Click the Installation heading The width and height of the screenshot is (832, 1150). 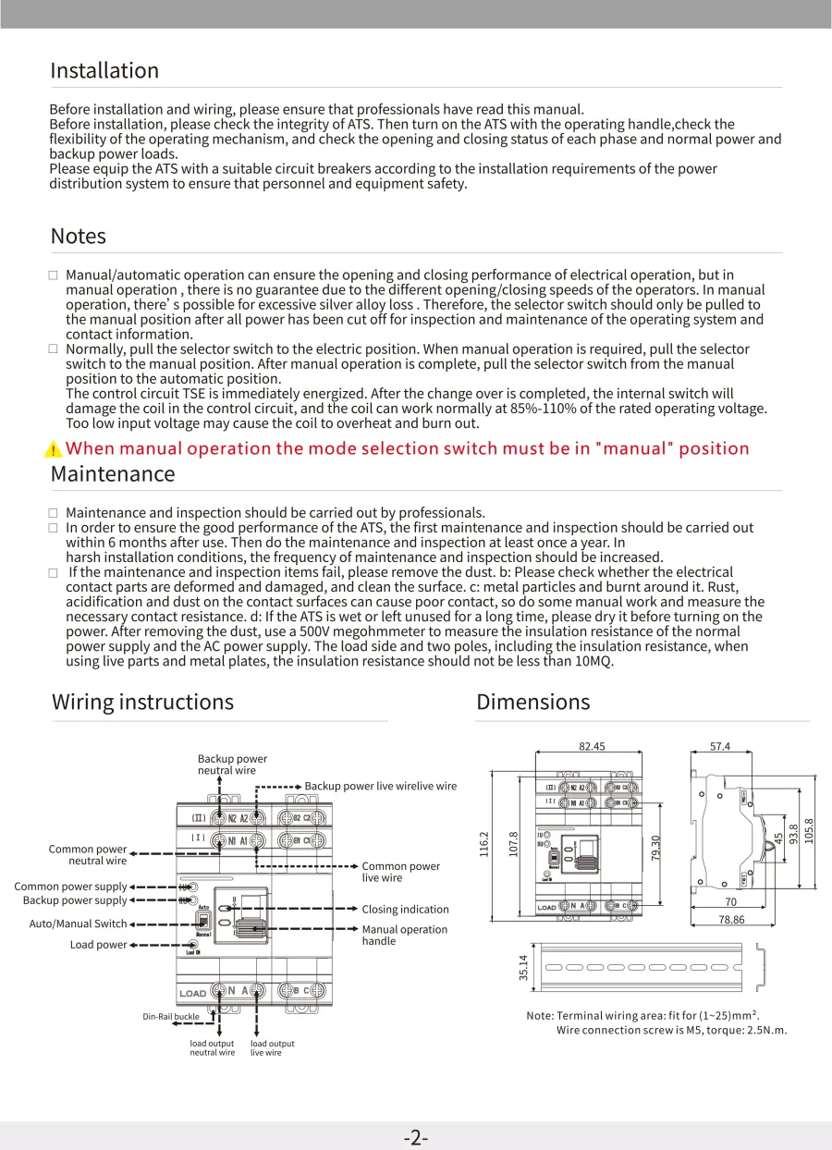click(104, 71)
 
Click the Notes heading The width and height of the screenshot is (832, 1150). click(79, 237)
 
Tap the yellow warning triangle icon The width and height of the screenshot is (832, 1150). click(55, 449)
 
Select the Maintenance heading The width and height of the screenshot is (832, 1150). click(112, 475)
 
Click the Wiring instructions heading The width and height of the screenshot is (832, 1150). click(142, 703)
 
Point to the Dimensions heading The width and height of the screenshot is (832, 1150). click(532, 703)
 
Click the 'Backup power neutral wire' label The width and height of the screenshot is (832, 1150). click(232, 765)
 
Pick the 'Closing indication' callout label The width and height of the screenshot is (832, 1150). click(405, 910)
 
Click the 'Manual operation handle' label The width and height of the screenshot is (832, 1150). click(404, 936)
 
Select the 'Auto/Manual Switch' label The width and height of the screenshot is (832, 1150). click(78, 924)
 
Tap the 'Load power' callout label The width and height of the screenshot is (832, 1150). click(98, 945)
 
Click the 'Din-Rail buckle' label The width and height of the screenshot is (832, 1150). click(170, 1017)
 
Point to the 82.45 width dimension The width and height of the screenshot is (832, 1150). click(592, 747)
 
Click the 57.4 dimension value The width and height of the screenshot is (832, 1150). click(720, 747)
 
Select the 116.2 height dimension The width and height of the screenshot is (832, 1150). click(483, 843)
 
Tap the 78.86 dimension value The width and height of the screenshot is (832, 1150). click(731, 920)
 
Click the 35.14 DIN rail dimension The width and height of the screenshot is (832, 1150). click(524, 967)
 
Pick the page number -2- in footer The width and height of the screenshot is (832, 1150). click(416, 1138)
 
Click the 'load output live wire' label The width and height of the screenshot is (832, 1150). click(272, 1048)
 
